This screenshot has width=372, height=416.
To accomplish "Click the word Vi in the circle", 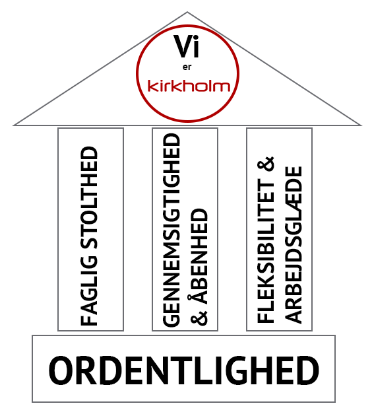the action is (186, 46).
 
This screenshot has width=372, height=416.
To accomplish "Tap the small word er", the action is (187, 67).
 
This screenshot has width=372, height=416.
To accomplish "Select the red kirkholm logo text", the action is (189, 86).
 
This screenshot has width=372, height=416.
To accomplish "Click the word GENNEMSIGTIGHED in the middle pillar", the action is (171, 230).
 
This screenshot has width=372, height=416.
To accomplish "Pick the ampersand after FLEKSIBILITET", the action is (266, 164).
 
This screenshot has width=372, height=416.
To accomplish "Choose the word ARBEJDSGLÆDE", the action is (294, 244).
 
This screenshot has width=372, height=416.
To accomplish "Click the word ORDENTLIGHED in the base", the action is (184, 370).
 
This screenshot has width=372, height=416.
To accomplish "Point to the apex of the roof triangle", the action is (187, 12).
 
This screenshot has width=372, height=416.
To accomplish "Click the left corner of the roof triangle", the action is (14, 125).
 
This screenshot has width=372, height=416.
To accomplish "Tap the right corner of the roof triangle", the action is (361, 125).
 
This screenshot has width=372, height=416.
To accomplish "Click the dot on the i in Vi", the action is (197, 38).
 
